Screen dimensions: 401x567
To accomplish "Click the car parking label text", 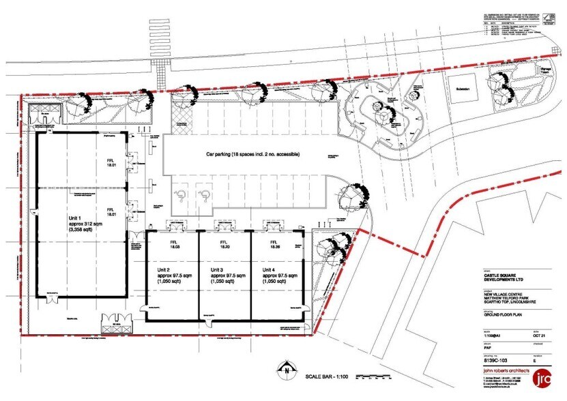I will point(253,155).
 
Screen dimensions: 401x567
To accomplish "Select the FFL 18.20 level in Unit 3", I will point(223,246).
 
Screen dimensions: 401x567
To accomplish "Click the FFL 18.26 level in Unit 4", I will point(275,246).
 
